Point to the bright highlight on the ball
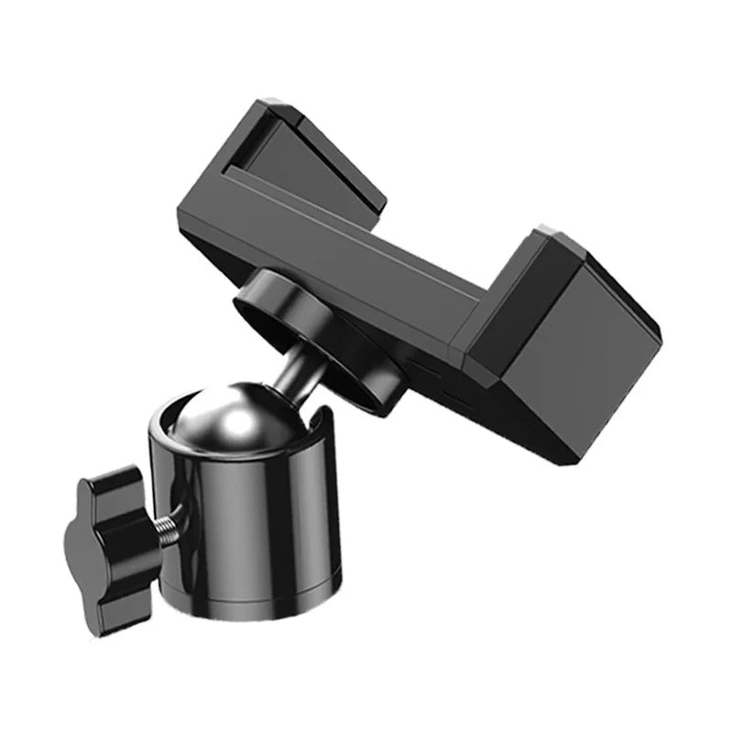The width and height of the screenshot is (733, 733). point(240,423)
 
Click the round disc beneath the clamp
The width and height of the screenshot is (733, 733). point(316,334)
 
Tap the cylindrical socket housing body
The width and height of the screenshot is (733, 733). point(247,531)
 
